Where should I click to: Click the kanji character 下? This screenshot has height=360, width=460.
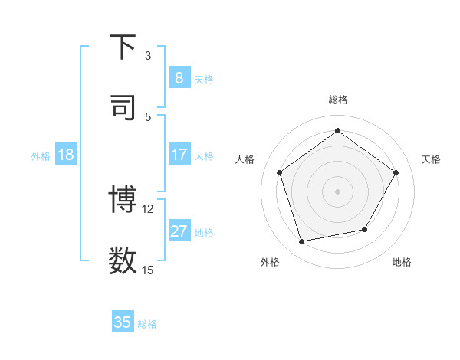tap(123, 47)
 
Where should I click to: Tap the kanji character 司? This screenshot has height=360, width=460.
tap(123, 107)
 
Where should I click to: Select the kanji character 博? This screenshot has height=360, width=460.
tap(123, 200)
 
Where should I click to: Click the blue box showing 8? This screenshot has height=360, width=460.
tap(179, 77)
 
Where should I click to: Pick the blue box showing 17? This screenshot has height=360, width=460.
tap(179, 155)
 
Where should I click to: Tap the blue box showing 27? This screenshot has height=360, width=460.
tap(179, 231)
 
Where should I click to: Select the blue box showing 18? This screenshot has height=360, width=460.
tap(66, 155)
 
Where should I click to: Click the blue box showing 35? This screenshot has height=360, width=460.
tap(123, 322)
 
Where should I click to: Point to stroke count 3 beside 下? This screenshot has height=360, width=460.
tap(148, 56)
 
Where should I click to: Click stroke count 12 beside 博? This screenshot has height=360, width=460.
tap(148, 208)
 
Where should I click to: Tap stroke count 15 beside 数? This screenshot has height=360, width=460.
tap(148, 270)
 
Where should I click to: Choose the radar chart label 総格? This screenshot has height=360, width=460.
tap(337, 100)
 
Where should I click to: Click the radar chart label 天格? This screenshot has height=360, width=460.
tap(431, 159)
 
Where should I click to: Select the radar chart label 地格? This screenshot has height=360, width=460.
tap(402, 262)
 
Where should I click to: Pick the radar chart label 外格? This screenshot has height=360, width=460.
tap(270, 262)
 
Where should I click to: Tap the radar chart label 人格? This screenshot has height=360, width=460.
tap(245, 159)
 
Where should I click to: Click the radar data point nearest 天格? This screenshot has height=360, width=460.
tap(396, 172)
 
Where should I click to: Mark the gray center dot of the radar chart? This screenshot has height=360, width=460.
tap(337, 191)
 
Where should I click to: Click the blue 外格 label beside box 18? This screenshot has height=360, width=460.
tap(41, 155)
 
